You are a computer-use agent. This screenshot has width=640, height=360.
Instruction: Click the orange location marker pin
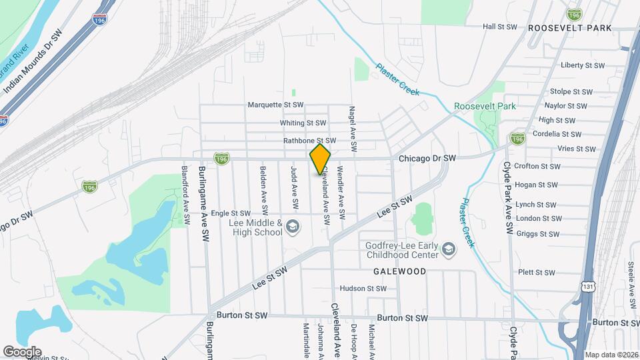pyautogui.click(x=321, y=159)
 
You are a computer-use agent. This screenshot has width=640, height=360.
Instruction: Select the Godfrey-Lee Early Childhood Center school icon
pyautogui.click(x=449, y=250)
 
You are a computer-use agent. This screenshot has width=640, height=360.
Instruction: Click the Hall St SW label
pyautogui.click(x=500, y=27)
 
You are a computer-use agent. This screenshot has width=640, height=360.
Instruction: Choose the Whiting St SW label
pyautogui.click(x=303, y=123)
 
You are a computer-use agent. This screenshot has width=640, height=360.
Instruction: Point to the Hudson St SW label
pyautogui.click(x=363, y=289)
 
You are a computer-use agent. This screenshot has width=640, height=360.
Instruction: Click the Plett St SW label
pyautogui.click(x=536, y=273)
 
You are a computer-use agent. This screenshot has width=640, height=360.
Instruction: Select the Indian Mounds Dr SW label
pyautogui.click(x=37, y=62)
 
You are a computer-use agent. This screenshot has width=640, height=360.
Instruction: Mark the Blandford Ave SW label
pyautogui.click(x=186, y=193)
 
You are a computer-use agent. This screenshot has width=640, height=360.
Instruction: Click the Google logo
pyautogui.click(x=22, y=351)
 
